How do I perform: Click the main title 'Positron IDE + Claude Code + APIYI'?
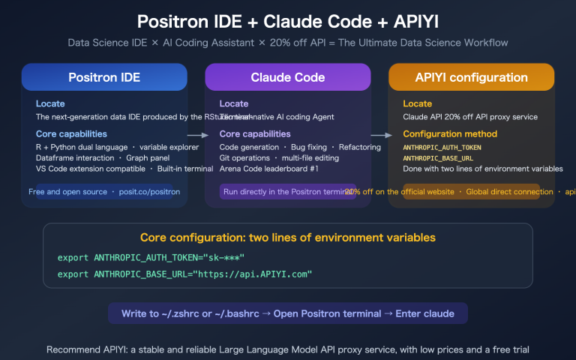(x=288, y=20)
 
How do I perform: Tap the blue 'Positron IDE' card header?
(x=104, y=77)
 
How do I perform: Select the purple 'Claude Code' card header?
(x=287, y=77)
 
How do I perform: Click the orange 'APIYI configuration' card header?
(x=471, y=77)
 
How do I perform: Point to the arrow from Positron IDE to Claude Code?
(x=197, y=136)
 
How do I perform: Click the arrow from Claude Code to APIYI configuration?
(x=381, y=136)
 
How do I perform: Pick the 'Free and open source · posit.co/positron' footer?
(x=104, y=192)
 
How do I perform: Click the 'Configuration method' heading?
(x=450, y=134)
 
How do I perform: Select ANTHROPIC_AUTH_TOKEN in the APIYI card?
(x=442, y=148)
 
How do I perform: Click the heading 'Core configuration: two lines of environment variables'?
(x=288, y=238)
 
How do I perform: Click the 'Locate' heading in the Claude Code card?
(x=234, y=103)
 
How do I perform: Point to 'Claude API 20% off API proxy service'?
(x=470, y=117)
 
